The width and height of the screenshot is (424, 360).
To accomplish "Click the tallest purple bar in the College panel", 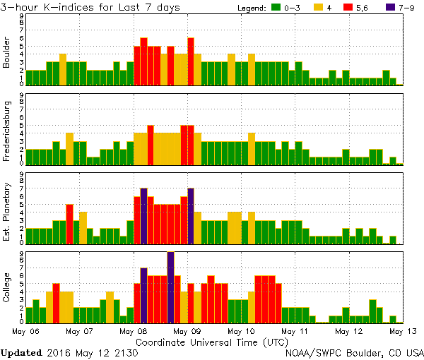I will (170, 286).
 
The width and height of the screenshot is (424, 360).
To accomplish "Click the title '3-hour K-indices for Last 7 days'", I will (90, 7).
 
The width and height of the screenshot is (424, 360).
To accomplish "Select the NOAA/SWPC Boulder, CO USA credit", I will (354, 352).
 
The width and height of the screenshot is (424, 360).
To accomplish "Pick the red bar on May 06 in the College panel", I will (56, 302).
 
